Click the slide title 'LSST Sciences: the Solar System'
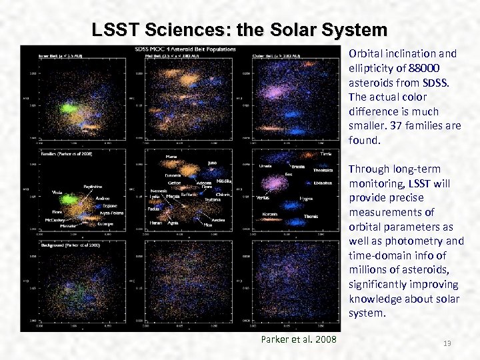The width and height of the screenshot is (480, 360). [x=239, y=30]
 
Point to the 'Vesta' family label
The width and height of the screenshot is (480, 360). [x=57, y=192]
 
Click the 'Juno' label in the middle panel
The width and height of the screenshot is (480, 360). [x=212, y=162]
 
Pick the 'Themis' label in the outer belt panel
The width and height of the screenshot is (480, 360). [x=311, y=216]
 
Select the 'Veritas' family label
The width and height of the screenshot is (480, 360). [x=263, y=197]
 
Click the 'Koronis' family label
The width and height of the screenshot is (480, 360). [x=271, y=214]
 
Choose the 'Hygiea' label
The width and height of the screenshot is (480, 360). [x=307, y=199]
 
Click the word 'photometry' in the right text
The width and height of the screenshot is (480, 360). [x=423, y=241]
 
